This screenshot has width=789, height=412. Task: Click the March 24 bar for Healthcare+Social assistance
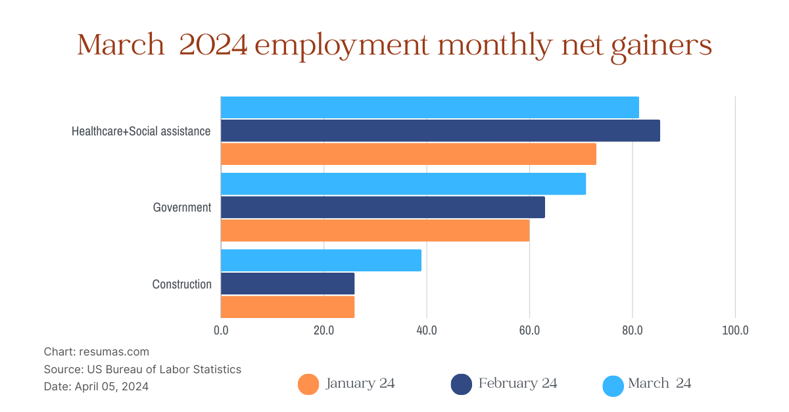429,107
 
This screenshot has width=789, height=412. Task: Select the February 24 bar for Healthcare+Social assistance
440,131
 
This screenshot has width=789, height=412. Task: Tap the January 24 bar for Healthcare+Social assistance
408,154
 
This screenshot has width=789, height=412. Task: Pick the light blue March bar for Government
403,184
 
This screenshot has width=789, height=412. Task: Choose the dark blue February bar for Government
383,207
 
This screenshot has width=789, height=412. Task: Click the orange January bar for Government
375,230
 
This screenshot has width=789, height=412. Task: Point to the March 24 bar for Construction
321,260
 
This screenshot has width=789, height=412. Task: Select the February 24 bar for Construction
287,284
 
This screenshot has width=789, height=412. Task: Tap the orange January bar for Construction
287,307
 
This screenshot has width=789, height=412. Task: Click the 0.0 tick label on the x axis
221,330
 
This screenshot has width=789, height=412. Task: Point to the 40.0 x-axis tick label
427,330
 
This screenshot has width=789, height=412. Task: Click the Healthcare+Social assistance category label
141,131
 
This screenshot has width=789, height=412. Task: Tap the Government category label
182,208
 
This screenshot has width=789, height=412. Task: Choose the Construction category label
182,285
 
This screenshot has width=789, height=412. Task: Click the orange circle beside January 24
308,384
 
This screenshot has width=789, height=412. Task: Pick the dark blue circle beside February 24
462,384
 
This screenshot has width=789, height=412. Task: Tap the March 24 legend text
659,383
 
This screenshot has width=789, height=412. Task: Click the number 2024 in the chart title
212,46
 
